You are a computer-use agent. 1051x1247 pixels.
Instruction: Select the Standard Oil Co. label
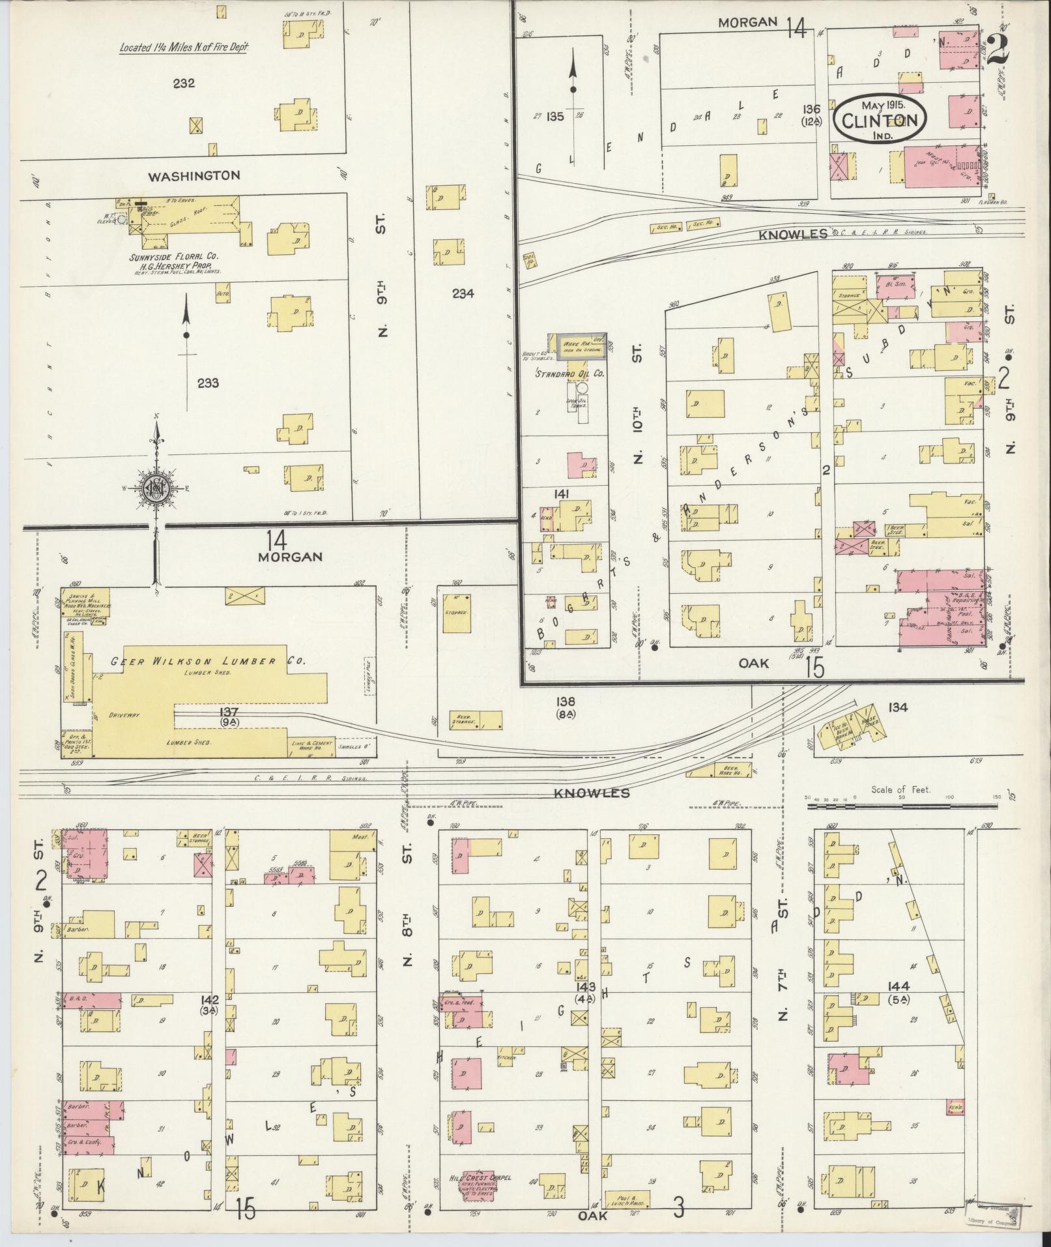(x=569, y=374)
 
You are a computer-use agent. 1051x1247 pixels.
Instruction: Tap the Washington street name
(x=184, y=175)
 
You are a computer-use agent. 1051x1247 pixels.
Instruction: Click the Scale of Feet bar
(x=902, y=806)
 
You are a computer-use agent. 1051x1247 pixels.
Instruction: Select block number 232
(x=184, y=83)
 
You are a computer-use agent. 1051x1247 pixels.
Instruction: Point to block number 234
(x=463, y=293)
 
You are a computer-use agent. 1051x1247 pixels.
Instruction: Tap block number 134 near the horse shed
(x=897, y=707)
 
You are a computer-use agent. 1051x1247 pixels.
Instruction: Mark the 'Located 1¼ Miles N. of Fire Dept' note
(x=184, y=47)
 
